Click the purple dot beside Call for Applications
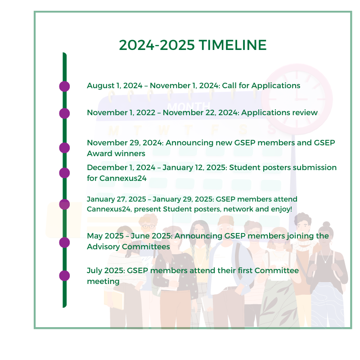click(64, 86)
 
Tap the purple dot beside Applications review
click(64, 113)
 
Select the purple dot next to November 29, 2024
click(64, 148)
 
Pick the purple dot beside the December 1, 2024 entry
click(64, 173)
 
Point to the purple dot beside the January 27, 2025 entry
click(64, 204)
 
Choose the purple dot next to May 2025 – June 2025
click(64, 243)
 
